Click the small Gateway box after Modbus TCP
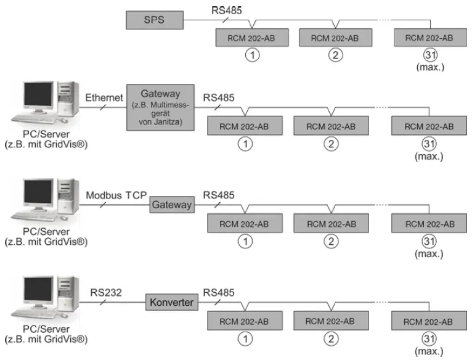point(172,205)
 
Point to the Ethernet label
point(102,97)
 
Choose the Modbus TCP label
point(116,195)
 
